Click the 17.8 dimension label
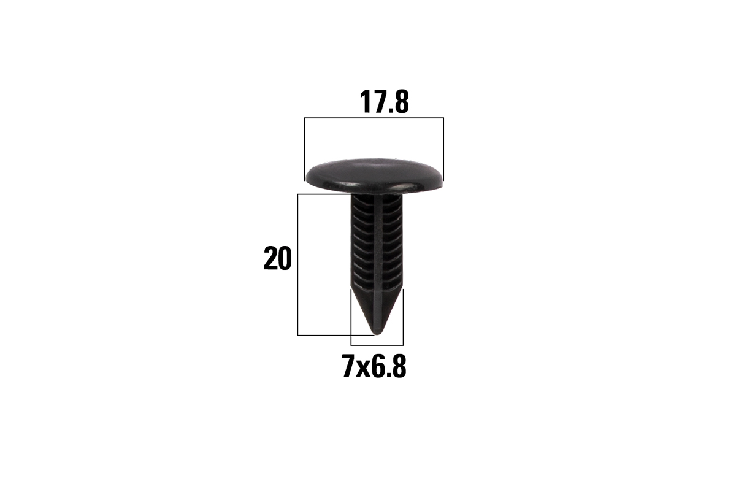384,102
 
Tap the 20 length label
278,258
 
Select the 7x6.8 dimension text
374,366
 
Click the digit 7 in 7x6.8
348,366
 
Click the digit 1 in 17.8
365,102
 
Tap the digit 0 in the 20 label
285,258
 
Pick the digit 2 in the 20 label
270,258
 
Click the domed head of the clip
374,175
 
